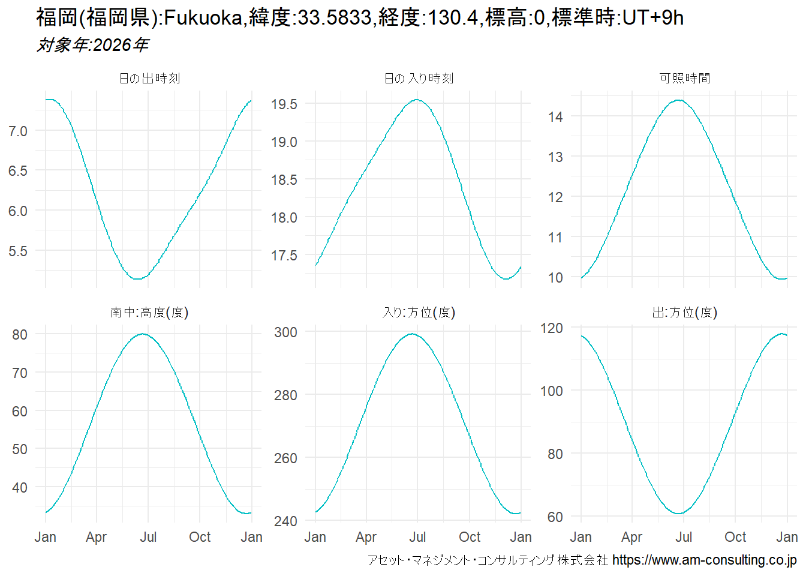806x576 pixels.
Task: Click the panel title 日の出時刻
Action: pyautogui.click(x=149, y=79)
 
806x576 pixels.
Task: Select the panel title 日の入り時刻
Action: pyautogui.click(x=419, y=79)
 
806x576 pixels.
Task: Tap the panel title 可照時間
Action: pyautogui.click(x=685, y=79)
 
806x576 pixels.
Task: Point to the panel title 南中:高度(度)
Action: pyautogui.click(x=149, y=313)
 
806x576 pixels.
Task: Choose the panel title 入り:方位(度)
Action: pyautogui.click(x=419, y=313)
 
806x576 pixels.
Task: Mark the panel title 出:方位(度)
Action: pyautogui.click(x=685, y=313)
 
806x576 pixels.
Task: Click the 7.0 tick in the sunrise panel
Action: pyautogui.click(x=18, y=131)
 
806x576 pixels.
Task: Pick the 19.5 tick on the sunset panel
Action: pyautogui.click(x=284, y=104)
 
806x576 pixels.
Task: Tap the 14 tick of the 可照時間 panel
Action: pyautogui.click(x=555, y=117)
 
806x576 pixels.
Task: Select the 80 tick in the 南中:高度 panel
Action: pyautogui.click(x=20, y=335)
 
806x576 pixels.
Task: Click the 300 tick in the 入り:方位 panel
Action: pyautogui.click(x=285, y=332)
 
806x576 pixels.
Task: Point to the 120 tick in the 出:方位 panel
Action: pyautogui.click(x=552, y=328)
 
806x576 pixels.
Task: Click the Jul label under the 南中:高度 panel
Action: pyautogui.click(x=148, y=537)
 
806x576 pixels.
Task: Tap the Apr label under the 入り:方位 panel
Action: pyautogui.click(x=366, y=537)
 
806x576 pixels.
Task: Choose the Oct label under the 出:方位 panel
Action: pyautogui.click(x=735, y=537)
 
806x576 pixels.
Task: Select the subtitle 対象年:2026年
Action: pyautogui.click(x=92, y=45)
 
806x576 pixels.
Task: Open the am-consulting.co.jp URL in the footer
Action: pyautogui.click(x=704, y=560)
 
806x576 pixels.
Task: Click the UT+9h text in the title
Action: pyautogui.click(x=653, y=18)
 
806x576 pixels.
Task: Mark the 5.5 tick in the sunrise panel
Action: pyautogui.click(x=18, y=251)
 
